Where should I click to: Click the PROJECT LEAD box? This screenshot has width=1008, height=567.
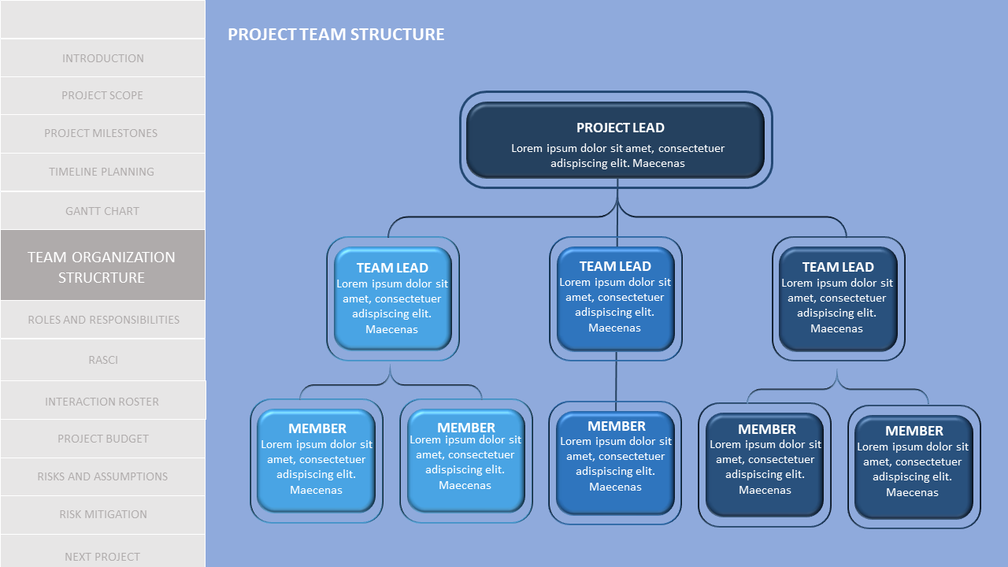click(616, 140)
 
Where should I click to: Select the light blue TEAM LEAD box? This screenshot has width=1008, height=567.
click(392, 298)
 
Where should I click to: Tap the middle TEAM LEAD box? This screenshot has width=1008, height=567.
click(616, 298)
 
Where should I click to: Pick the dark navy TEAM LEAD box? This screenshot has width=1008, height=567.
click(838, 298)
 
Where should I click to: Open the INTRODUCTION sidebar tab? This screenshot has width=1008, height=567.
click(102, 58)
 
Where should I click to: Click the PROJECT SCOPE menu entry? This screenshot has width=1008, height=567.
click(102, 95)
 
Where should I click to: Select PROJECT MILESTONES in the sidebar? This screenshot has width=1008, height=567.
click(102, 133)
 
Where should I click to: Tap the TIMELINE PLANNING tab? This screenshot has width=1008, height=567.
click(102, 172)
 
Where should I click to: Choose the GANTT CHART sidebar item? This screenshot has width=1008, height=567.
click(102, 211)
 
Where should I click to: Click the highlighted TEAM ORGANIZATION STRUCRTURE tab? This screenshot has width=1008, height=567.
click(102, 266)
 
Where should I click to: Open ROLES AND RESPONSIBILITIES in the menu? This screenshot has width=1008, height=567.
click(102, 320)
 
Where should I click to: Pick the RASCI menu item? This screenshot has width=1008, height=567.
click(102, 360)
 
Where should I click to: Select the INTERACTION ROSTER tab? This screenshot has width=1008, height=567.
click(102, 402)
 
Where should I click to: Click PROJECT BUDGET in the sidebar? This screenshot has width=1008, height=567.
click(102, 439)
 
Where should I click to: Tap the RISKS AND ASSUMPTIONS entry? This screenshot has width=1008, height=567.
click(102, 476)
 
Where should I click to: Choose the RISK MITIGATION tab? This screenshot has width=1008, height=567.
click(102, 514)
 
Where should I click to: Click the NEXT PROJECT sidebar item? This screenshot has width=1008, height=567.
click(102, 556)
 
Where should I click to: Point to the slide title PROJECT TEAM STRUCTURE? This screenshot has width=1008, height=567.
click(336, 35)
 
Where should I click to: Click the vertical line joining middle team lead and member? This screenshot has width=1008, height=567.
click(617, 381)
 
